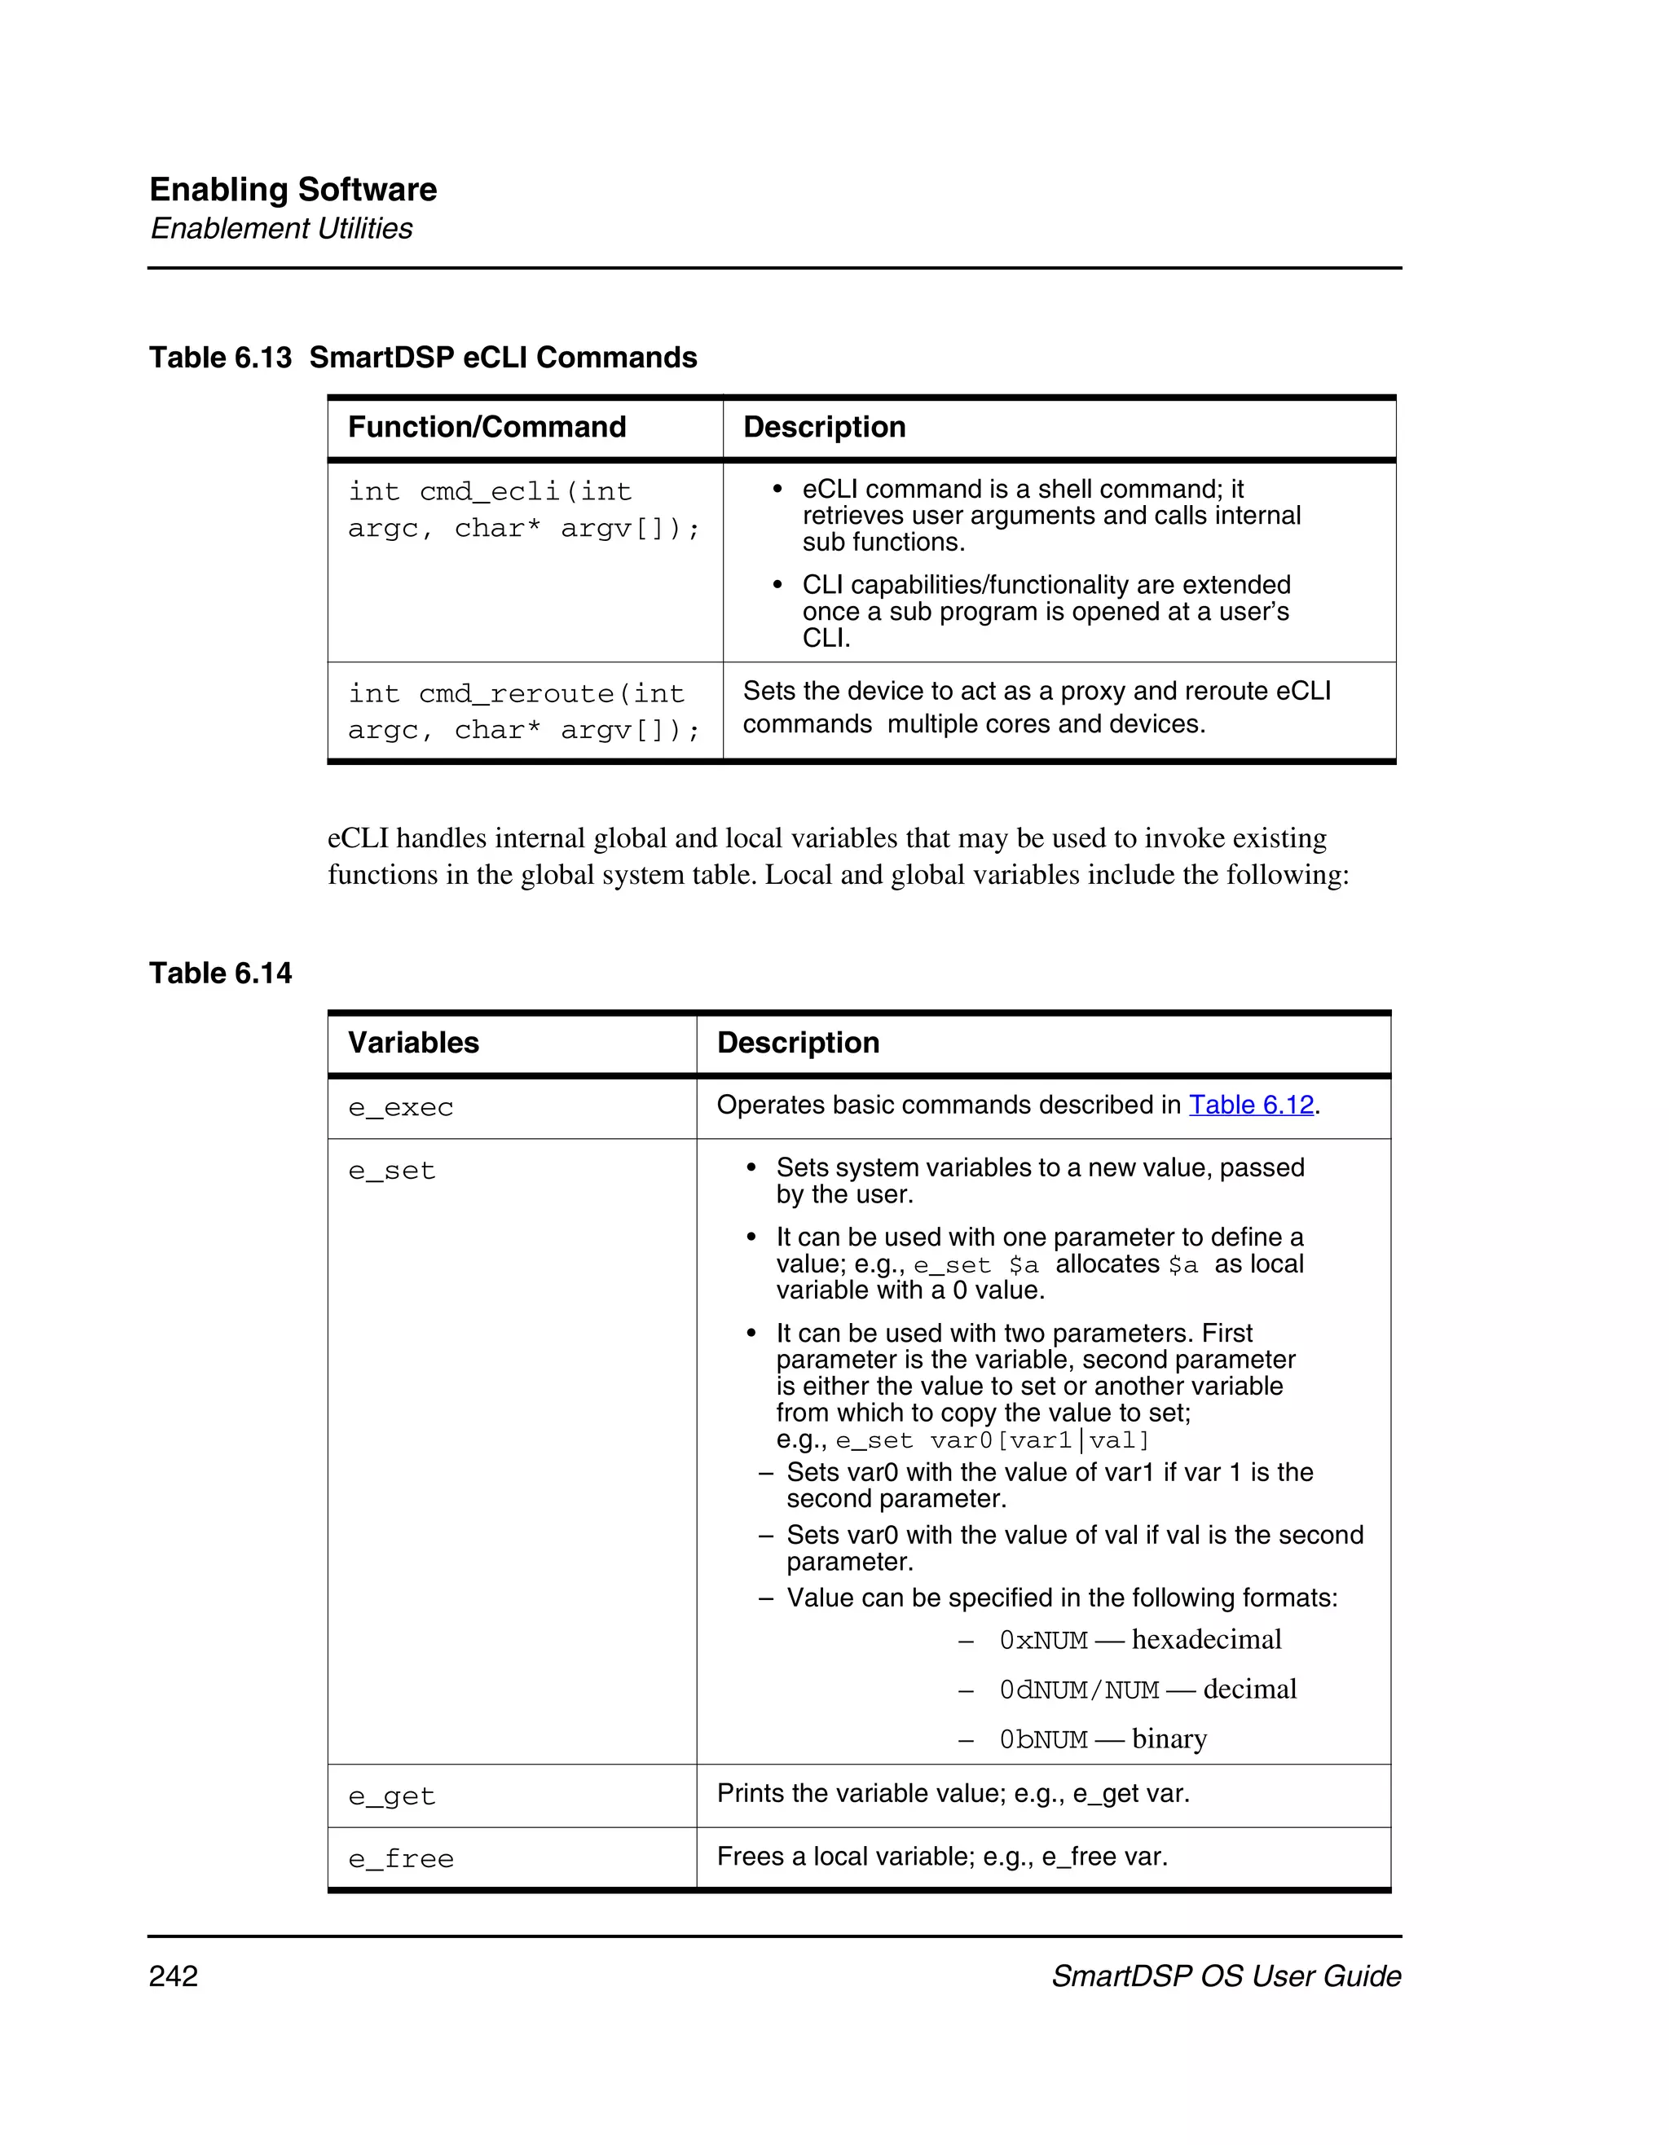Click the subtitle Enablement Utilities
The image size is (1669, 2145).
pyautogui.click(x=281, y=229)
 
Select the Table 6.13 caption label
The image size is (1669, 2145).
pyautogui.click(x=220, y=358)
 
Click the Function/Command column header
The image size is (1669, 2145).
pyautogui.click(x=487, y=427)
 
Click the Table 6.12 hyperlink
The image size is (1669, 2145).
pyautogui.click(x=1250, y=1105)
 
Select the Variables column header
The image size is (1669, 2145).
pyautogui.click(x=412, y=1043)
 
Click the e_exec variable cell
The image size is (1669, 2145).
pyautogui.click(x=401, y=1108)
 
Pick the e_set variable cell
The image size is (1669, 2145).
pyautogui.click(x=391, y=1171)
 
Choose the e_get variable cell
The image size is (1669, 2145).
pyautogui.click(x=391, y=1796)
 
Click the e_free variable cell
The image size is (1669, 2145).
pyautogui.click(x=401, y=1859)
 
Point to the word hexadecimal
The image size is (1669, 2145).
pyautogui.click(x=1206, y=1639)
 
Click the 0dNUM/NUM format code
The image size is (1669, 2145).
pyautogui.click(x=1079, y=1690)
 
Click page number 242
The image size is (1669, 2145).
pyautogui.click(x=174, y=1976)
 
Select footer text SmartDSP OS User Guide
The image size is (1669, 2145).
pyautogui.click(x=1226, y=1976)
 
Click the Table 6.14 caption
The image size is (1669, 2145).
pyautogui.click(x=220, y=974)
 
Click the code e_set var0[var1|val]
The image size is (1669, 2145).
pyautogui.click(x=992, y=1441)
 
